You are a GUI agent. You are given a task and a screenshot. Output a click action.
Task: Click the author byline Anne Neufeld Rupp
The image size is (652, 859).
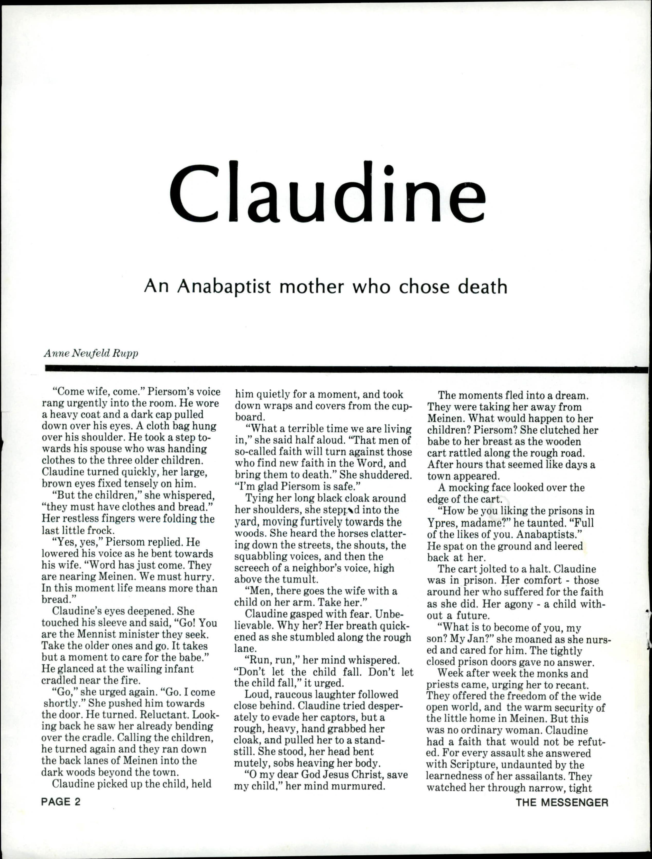[x=91, y=353]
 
